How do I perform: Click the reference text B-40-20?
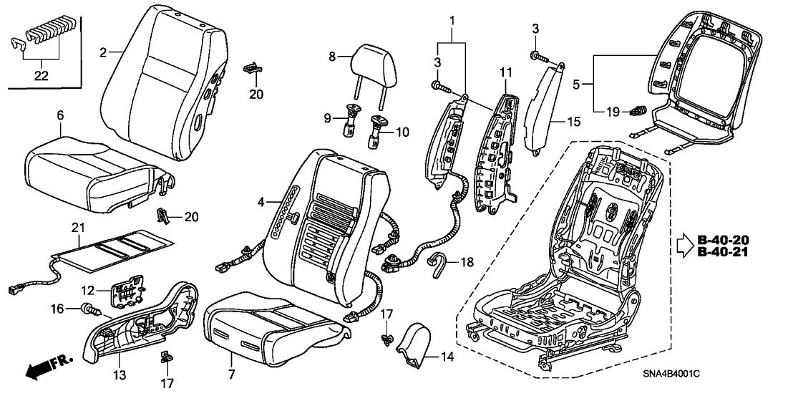click(724, 240)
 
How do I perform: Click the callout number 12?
click(87, 291)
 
